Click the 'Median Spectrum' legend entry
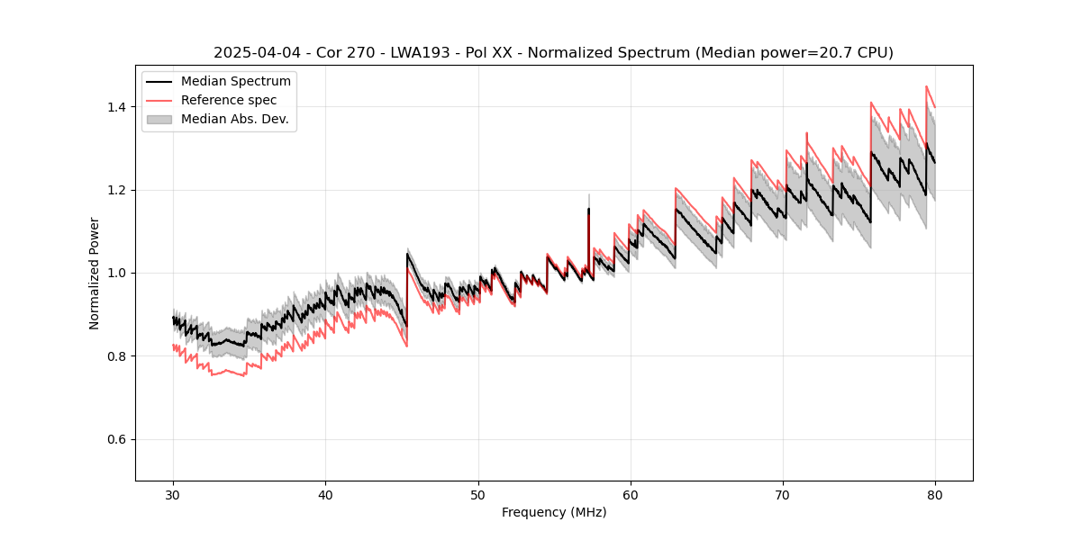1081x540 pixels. coord(236,82)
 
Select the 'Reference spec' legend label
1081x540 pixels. coord(229,100)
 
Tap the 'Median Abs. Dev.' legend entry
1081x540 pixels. coord(235,119)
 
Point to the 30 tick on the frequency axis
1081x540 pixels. coord(173,494)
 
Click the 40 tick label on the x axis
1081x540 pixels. coord(325,494)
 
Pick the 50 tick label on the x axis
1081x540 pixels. coord(477,494)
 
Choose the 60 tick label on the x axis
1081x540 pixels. coord(630,494)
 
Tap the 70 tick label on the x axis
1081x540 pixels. coord(782,494)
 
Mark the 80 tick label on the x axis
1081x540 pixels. coord(934,494)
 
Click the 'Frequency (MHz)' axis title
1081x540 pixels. coord(554,512)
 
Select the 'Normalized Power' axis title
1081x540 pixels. coord(95,273)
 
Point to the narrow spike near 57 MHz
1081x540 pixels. coord(588,211)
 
